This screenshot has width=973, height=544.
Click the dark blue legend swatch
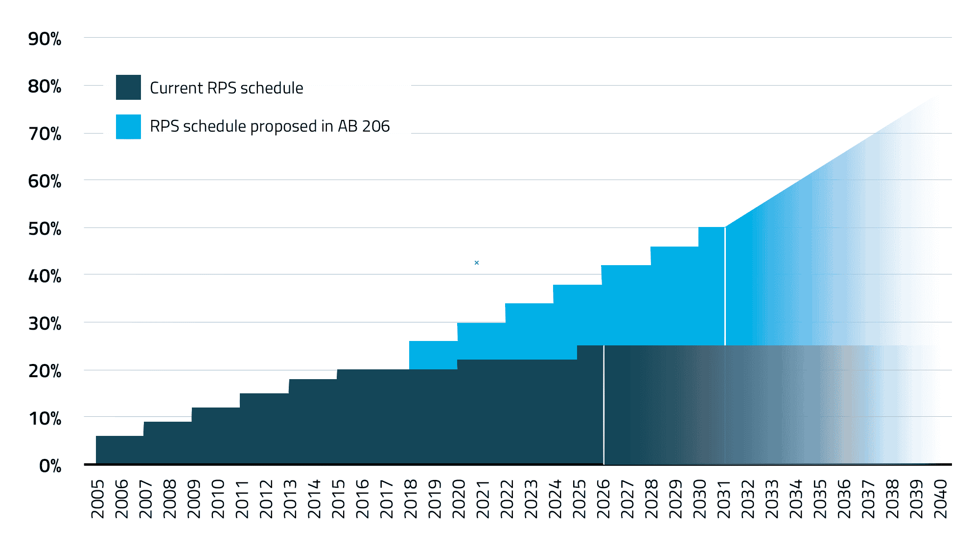(x=128, y=88)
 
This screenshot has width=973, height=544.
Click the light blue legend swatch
(x=128, y=127)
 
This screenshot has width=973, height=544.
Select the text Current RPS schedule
(x=226, y=88)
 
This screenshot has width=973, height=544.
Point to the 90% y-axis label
(x=45, y=39)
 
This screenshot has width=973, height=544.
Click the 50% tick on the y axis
(x=45, y=229)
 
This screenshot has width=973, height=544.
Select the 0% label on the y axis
(x=50, y=466)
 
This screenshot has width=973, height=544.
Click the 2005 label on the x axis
(x=98, y=499)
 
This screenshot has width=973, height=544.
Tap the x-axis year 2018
(x=411, y=499)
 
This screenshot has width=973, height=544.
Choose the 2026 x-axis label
(x=603, y=499)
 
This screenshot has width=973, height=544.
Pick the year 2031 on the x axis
(x=724, y=499)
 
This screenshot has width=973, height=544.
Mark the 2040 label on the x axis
(x=941, y=499)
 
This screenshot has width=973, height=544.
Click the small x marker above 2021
(x=477, y=263)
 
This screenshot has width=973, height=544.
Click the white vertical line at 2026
(x=604, y=406)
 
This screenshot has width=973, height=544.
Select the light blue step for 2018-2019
(x=433, y=355)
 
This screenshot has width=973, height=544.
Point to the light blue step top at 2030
(x=711, y=228)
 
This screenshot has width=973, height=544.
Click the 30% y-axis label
(x=45, y=324)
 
